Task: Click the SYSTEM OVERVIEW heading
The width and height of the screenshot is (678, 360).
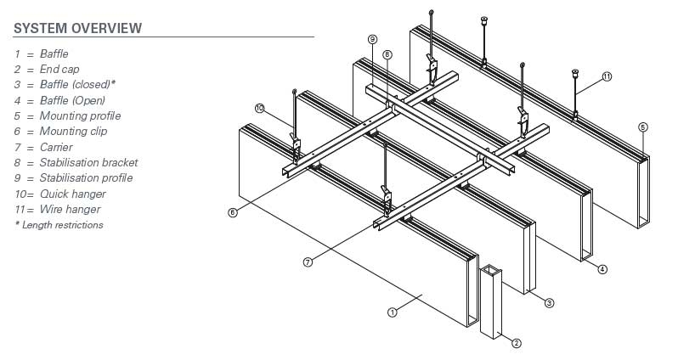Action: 77,28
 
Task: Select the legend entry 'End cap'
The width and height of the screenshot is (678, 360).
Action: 59,70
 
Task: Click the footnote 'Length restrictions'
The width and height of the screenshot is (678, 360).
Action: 62,225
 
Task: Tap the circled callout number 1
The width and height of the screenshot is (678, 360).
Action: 393,312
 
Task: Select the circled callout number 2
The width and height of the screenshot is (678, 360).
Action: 516,343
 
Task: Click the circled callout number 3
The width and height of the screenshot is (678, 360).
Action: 550,302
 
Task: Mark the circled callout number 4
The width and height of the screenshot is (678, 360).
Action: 602,270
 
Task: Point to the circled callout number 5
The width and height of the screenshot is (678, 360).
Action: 643,127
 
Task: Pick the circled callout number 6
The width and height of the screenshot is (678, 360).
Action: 233,212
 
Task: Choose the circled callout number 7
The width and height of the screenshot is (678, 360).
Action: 308,262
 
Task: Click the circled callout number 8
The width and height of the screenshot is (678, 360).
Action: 387,55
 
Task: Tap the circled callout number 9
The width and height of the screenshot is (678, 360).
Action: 372,39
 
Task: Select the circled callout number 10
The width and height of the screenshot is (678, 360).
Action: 259,107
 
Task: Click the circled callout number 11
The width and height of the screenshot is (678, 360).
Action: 607,76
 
